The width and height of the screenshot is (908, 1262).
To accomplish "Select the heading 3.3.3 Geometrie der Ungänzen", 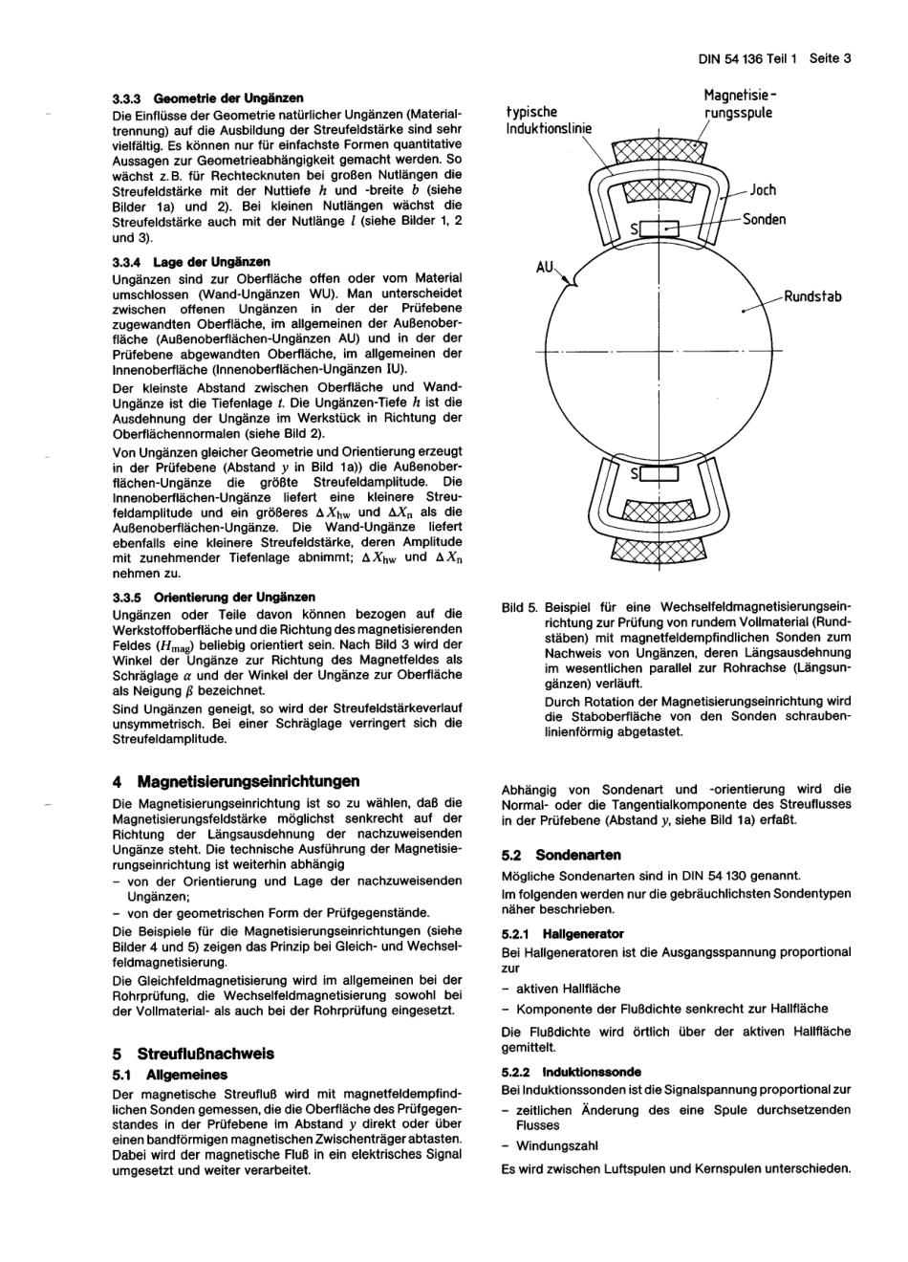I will click(208, 98).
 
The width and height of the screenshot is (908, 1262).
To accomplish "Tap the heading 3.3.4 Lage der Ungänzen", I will click(191, 261).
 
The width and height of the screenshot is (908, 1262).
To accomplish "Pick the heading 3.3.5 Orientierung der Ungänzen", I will click(214, 598).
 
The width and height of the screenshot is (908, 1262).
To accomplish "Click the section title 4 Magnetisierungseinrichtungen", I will click(236, 781).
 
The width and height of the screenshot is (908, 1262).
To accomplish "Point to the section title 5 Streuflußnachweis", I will click(193, 1054).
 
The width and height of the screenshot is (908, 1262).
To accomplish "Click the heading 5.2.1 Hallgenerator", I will click(563, 933).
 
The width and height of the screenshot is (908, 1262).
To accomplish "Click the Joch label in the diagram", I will click(763, 190).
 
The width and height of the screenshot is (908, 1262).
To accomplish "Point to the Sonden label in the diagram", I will click(765, 220).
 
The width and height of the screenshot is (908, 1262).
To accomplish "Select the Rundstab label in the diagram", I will click(812, 296).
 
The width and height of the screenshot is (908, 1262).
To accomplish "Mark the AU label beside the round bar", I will click(545, 269).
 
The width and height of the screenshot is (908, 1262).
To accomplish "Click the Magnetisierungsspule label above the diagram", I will click(740, 104).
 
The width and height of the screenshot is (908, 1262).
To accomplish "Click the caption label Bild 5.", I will click(520, 607).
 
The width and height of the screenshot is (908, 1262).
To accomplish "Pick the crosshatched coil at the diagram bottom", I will click(659, 550).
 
